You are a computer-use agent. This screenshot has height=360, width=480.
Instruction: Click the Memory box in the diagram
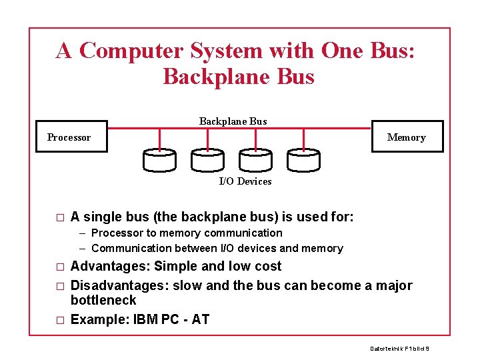coord(406,137)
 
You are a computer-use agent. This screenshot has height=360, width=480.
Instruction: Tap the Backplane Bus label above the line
coord(233,121)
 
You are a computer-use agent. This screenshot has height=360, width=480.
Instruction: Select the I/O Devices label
coord(245,181)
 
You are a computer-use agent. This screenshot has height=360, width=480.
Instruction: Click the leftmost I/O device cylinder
coord(160,160)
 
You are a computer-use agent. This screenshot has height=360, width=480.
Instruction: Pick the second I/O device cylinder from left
coord(207,160)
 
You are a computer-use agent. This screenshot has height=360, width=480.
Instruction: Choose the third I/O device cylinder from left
coord(255,160)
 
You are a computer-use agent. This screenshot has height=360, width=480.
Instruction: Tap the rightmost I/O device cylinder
coord(303,160)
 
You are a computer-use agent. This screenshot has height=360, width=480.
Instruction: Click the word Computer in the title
coord(131,51)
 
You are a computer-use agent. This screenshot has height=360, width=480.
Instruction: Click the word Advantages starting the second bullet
coord(109,267)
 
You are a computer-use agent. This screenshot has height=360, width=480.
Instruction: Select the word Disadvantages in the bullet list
coord(119,286)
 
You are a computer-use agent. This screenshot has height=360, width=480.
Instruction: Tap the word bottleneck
coord(103,301)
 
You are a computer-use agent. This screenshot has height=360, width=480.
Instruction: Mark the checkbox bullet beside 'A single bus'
coord(60,217)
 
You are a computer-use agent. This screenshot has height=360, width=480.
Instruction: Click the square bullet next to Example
coord(60,320)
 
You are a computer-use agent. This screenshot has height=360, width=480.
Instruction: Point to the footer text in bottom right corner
coord(399,349)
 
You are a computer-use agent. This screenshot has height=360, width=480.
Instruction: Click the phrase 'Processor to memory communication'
coord(187,233)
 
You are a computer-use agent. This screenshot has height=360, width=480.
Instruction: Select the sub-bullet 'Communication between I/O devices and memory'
coord(217,249)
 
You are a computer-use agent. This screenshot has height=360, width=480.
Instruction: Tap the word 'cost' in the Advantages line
coord(268,267)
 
